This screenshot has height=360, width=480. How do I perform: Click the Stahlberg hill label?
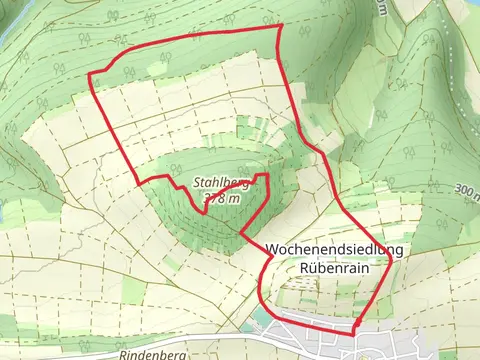221,183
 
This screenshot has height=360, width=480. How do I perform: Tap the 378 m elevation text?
222,199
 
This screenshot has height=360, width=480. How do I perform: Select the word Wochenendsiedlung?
335,249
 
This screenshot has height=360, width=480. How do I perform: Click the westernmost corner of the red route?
90,76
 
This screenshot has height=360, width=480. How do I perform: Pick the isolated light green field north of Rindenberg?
132,291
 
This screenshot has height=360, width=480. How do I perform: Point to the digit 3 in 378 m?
207,199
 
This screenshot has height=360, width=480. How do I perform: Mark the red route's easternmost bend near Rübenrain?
387,287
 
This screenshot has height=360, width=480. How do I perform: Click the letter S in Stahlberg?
198,183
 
